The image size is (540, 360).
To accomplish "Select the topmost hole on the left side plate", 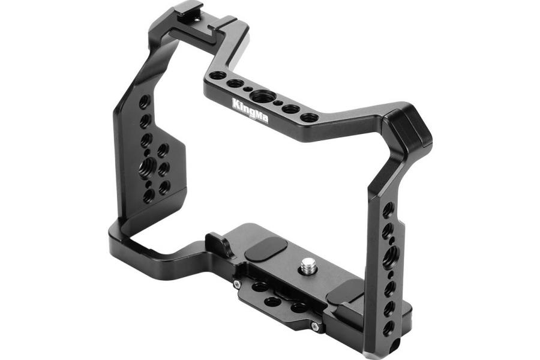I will click(144, 101).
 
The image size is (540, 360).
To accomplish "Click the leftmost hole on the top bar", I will click(217, 76).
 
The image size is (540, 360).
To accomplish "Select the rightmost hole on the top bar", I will click(308, 117).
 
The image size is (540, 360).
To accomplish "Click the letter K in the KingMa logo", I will click(236, 103).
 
